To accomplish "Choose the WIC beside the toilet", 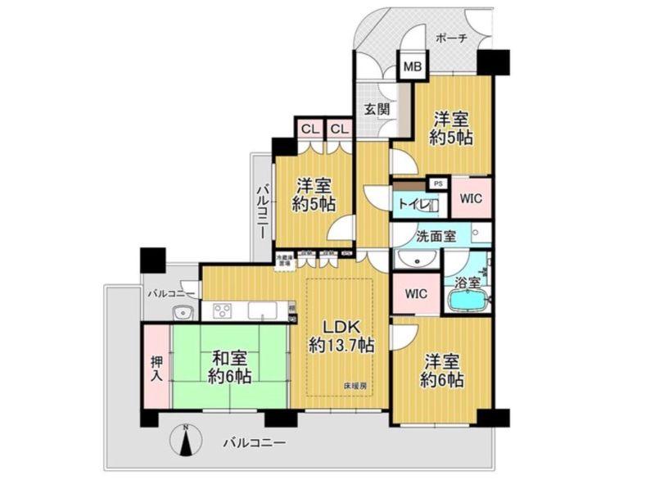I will click(471, 197).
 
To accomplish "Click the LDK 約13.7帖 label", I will click(341, 335).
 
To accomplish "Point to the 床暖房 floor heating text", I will click(355, 383).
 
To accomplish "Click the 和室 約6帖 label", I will click(229, 368).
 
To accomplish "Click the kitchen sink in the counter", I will click(261, 310).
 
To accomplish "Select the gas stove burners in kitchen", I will click(224, 310).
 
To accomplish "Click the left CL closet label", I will click(309, 129).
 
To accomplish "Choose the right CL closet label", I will click(339, 129).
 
